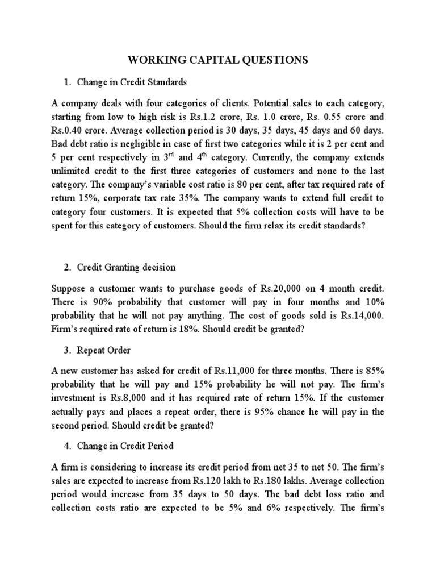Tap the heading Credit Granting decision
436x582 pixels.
[x=127, y=267]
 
